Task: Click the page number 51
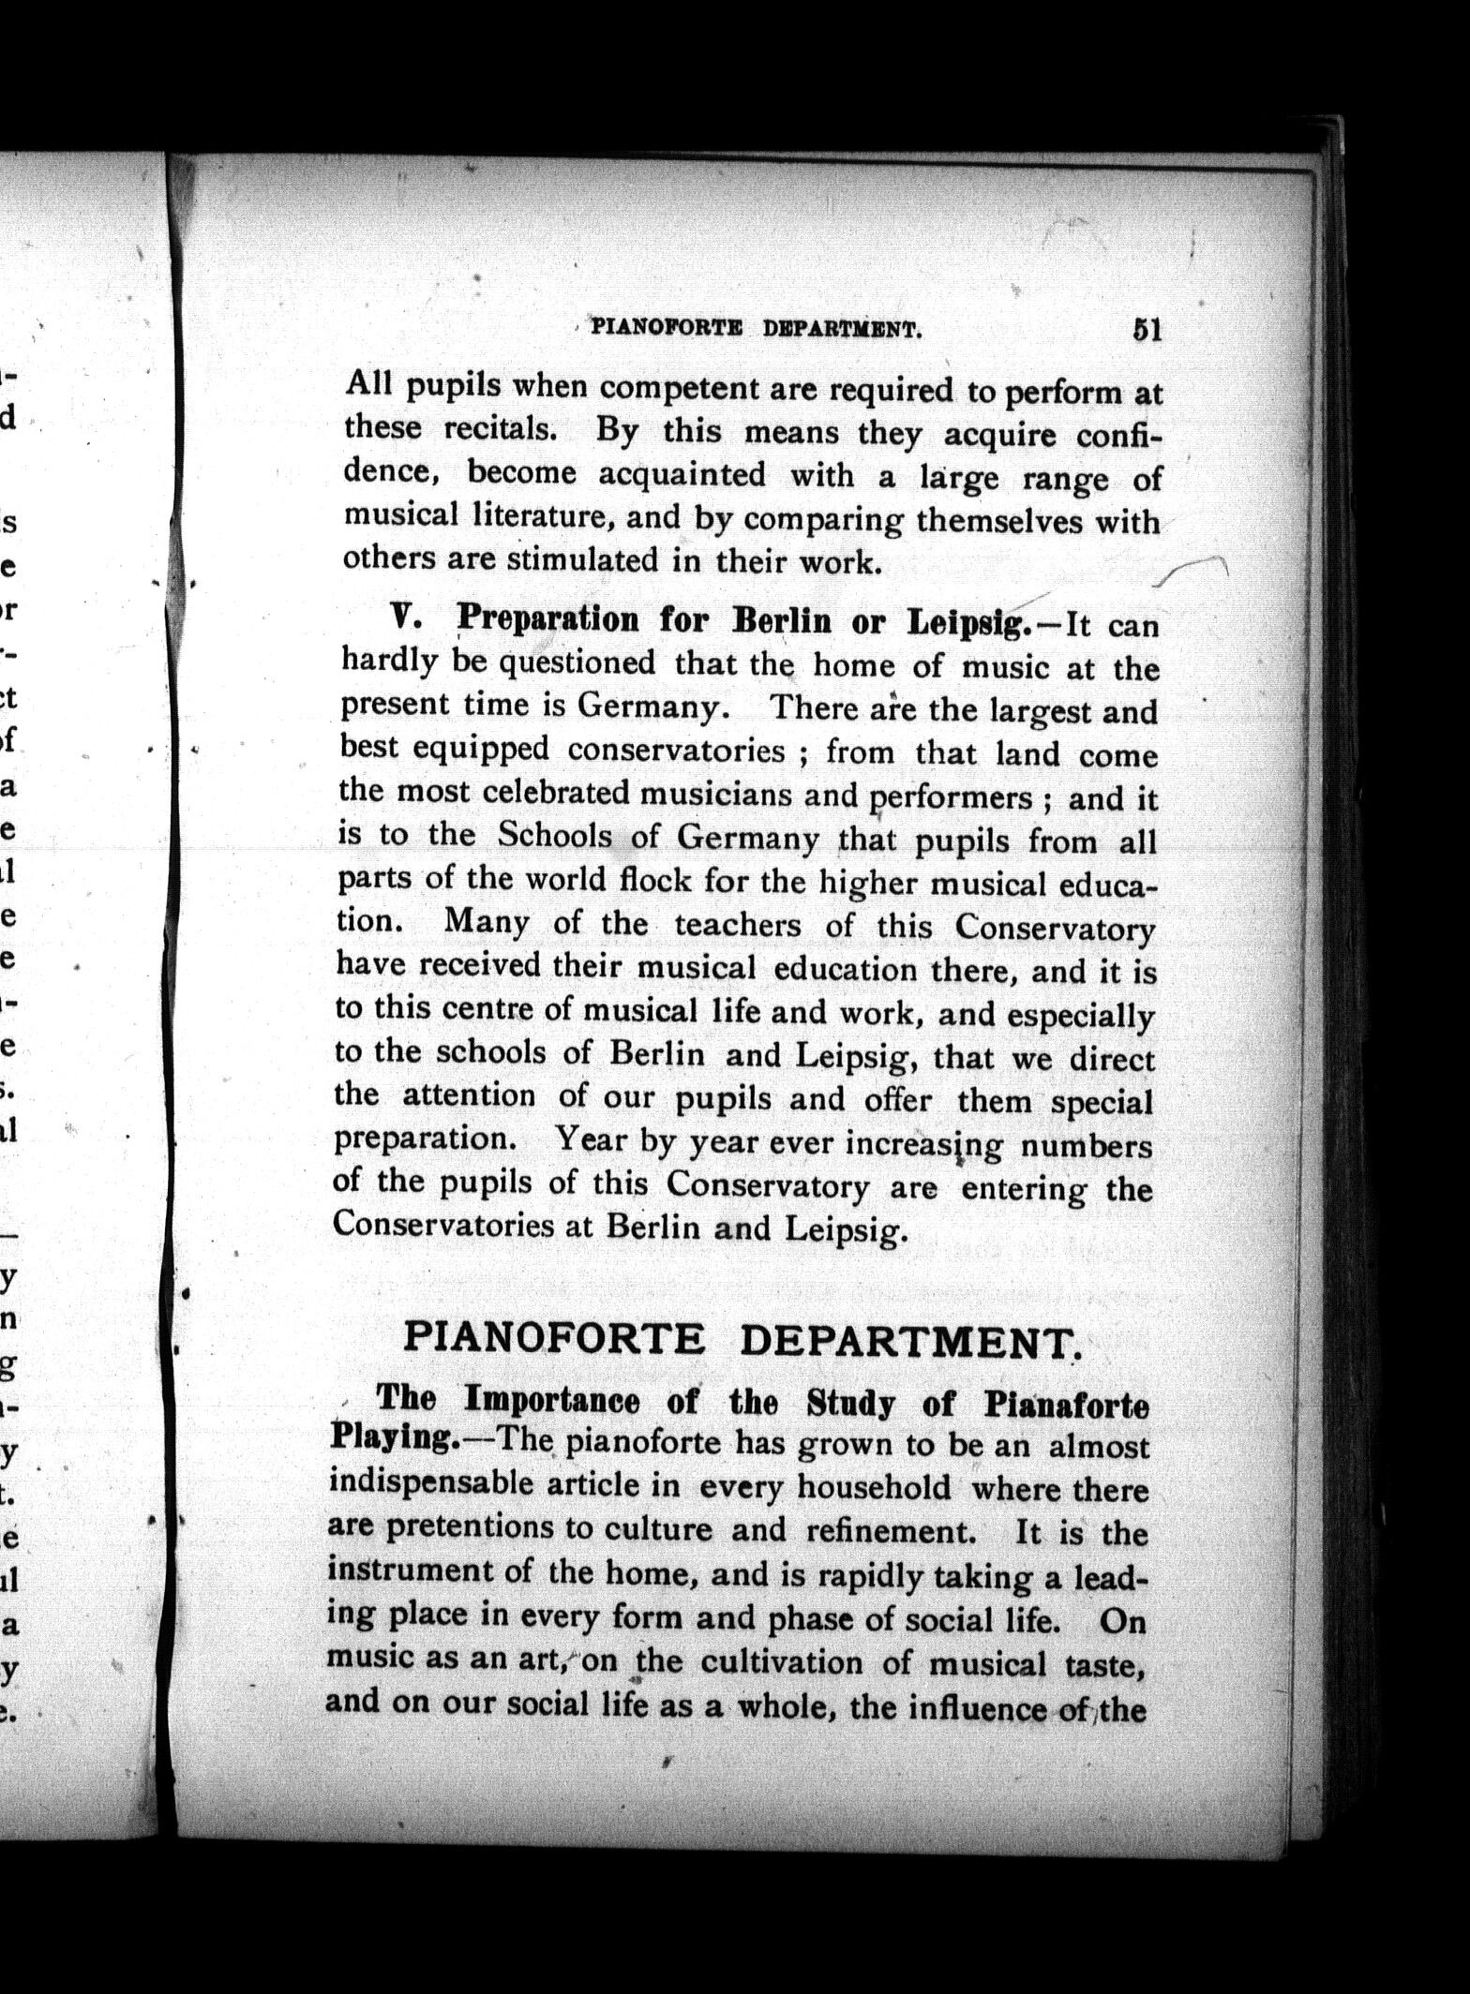[1147, 330]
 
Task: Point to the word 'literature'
[509, 514]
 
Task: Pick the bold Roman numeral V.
[402, 617]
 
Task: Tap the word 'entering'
[1025, 1189]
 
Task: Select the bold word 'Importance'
[553, 1402]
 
